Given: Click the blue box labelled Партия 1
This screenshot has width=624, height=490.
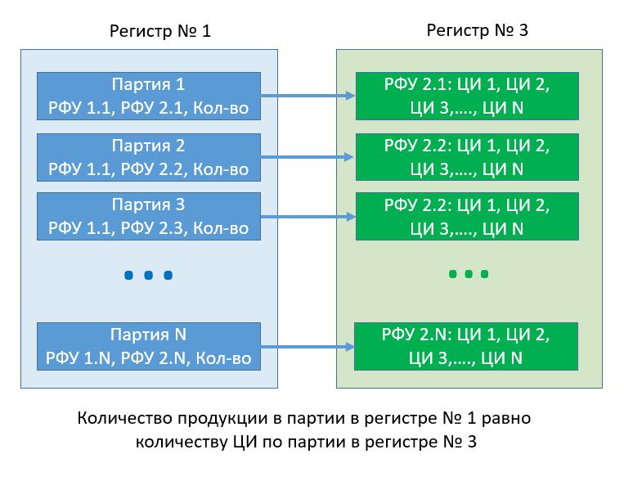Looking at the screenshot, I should click(x=148, y=96).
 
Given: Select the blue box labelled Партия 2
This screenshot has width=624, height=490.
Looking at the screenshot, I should click(x=148, y=158).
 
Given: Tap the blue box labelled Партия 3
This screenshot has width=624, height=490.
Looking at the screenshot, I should click(x=148, y=217).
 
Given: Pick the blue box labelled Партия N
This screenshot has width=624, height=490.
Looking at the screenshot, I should click(x=148, y=346).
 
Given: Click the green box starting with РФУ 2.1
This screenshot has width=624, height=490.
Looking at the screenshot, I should click(x=467, y=96).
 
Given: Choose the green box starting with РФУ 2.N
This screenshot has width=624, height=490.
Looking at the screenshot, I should click(x=467, y=346).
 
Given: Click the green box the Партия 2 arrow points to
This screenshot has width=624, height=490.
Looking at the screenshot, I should click(x=467, y=158).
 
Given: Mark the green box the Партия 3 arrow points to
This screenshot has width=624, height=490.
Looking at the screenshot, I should click(x=467, y=217).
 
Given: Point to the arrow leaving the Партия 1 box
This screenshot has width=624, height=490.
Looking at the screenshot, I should click(x=308, y=96).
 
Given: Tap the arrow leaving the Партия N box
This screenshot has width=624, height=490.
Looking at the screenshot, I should click(x=308, y=347).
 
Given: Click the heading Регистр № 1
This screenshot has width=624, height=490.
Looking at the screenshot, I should click(x=160, y=32).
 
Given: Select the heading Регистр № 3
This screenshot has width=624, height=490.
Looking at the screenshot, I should click(x=478, y=30).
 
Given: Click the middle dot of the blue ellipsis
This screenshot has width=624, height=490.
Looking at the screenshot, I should click(x=149, y=276).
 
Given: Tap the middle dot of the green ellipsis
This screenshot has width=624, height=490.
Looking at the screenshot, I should click(x=468, y=274).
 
